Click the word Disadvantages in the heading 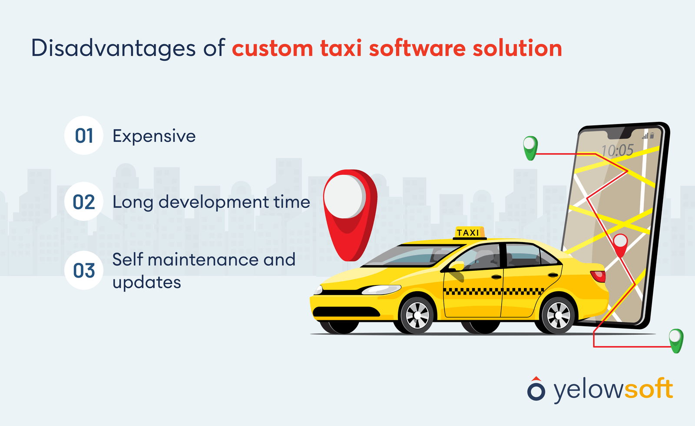click(113, 49)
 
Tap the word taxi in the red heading click(341, 49)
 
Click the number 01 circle click(84, 136)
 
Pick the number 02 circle click(84, 202)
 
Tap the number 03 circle click(84, 271)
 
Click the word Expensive click(154, 136)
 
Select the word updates click(147, 283)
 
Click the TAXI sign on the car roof click(468, 233)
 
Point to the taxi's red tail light click(598, 276)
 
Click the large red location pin click(350, 208)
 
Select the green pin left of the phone click(530, 147)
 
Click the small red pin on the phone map click(620, 244)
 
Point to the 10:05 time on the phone click(617, 151)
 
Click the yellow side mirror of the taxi click(457, 266)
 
